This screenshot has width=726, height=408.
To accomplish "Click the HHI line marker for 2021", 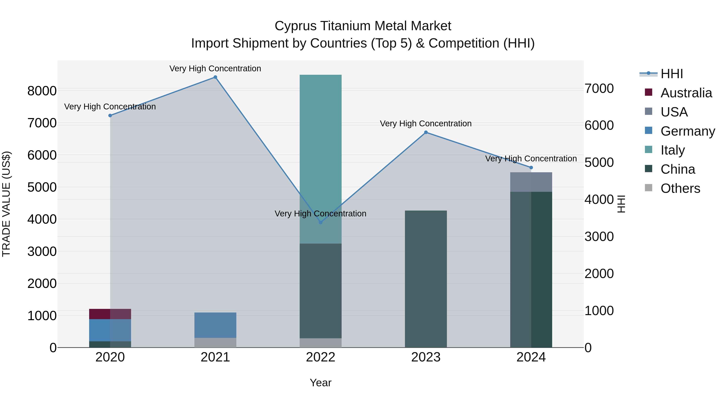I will point(215,77).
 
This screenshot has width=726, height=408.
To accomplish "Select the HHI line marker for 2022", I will point(320,222).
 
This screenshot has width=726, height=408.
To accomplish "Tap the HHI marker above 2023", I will point(426,132).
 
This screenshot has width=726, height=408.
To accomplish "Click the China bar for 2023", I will point(426,279).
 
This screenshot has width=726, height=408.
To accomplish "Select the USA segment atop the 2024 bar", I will point(531,182).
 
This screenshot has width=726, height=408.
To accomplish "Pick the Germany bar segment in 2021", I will point(215,325).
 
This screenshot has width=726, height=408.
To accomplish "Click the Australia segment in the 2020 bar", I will point(110,314).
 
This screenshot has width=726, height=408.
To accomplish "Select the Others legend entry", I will point(680,188).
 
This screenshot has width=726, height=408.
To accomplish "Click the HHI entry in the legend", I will point(672,74).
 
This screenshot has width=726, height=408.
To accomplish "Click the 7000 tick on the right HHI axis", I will point(599,88).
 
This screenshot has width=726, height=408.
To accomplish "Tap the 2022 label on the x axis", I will point(320,357).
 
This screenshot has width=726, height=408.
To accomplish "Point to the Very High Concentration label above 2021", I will point(215,69).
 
